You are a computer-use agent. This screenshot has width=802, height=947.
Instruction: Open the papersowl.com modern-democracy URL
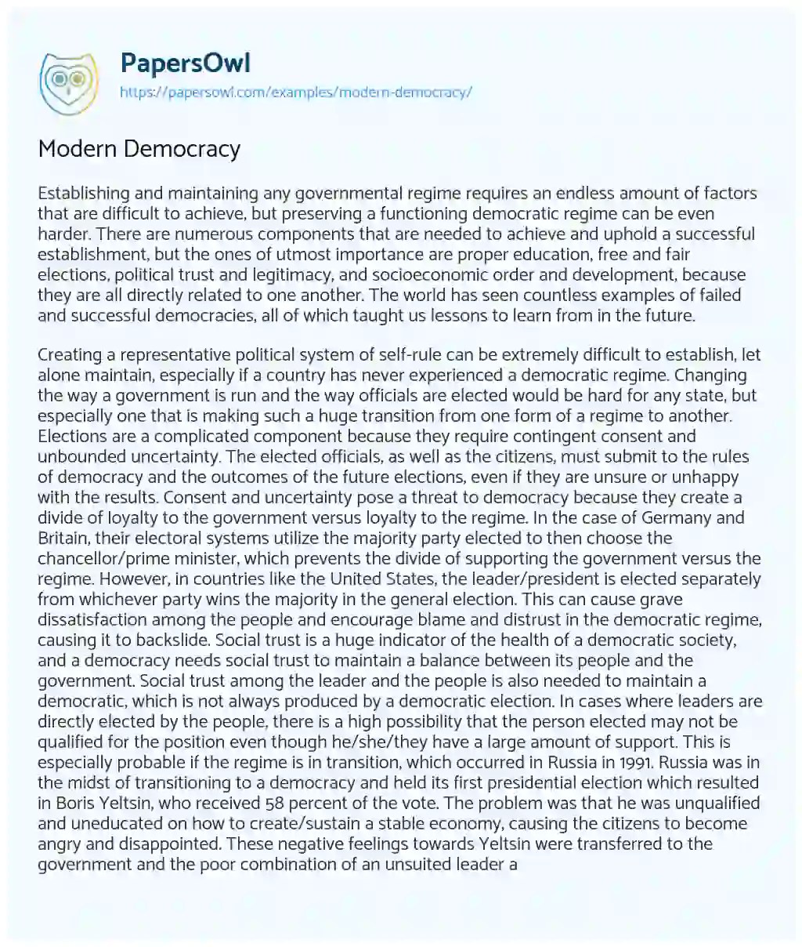pos(296,92)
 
